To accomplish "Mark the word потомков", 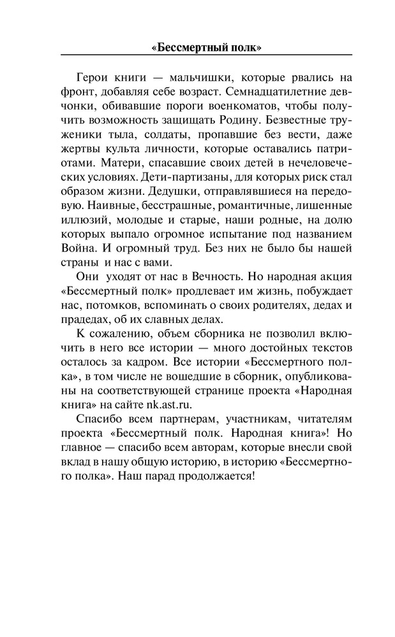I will (x=110, y=309).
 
